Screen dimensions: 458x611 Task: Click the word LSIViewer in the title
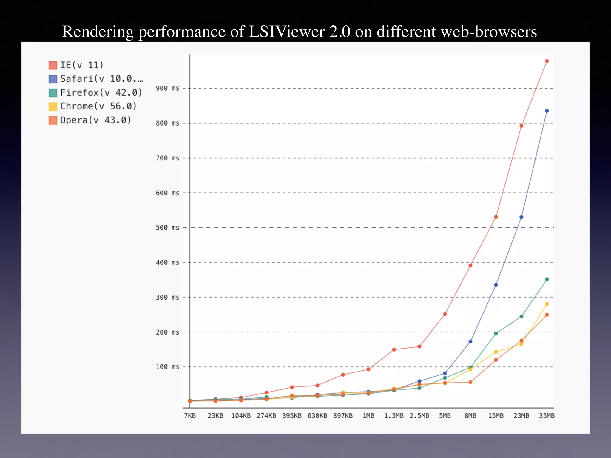coord(286,32)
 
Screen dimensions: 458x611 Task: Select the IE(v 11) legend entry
coord(81,65)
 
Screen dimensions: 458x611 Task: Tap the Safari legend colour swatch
coord(53,79)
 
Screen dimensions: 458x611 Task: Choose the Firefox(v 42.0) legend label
coord(101,92)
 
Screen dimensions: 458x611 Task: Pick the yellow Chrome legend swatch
coord(53,106)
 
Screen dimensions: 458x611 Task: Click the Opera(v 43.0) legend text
coord(95,120)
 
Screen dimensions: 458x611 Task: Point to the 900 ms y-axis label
coord(167,88)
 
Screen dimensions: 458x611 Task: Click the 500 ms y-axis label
coord(167,228)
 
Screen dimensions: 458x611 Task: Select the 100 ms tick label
coord(167,367)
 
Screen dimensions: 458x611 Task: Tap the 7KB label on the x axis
coord(190,416)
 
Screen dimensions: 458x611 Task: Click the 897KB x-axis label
coord(343,416)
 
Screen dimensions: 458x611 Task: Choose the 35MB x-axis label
coord(547,416)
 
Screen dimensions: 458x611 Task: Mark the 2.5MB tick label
coord(419,416)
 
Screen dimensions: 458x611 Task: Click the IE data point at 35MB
coord(547,61)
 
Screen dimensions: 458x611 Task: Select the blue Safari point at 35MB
coord(547,111)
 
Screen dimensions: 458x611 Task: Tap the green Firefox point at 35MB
coord(547,279)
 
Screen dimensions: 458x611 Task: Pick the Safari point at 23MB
coord(521,217)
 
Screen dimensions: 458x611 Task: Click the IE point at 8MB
coord(470,265)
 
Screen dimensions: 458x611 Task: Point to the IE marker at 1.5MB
coord(394,350)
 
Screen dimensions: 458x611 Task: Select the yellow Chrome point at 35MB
coord(547,304)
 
